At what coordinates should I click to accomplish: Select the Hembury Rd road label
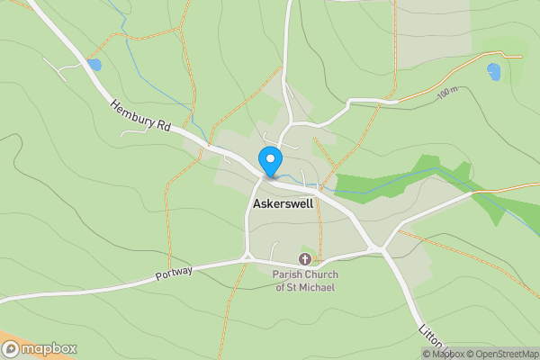(141, 116)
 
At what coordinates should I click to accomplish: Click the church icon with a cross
(303, 259)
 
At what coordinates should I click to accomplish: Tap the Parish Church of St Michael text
(303, 280)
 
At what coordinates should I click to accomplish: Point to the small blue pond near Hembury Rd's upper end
(94, 65)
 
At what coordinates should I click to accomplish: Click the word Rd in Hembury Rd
(164, 128)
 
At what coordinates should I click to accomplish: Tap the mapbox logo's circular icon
(11, 349)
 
